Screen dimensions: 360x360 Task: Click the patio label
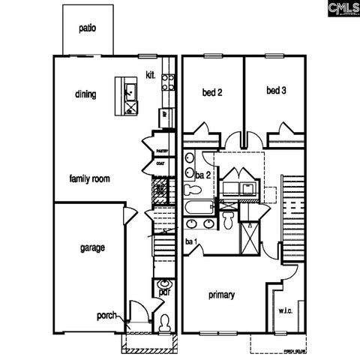(88, 28)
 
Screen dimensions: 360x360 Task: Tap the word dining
(85, 94)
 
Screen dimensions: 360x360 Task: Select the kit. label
(150, 75)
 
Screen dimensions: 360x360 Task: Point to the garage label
(92, 247)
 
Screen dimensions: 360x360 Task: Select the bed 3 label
(276, 91)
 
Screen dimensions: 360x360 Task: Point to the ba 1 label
(190, 241)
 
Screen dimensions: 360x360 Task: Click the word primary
(222, 295)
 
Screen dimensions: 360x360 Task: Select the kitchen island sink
(129, 93)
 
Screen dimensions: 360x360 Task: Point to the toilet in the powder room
(163, 323)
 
